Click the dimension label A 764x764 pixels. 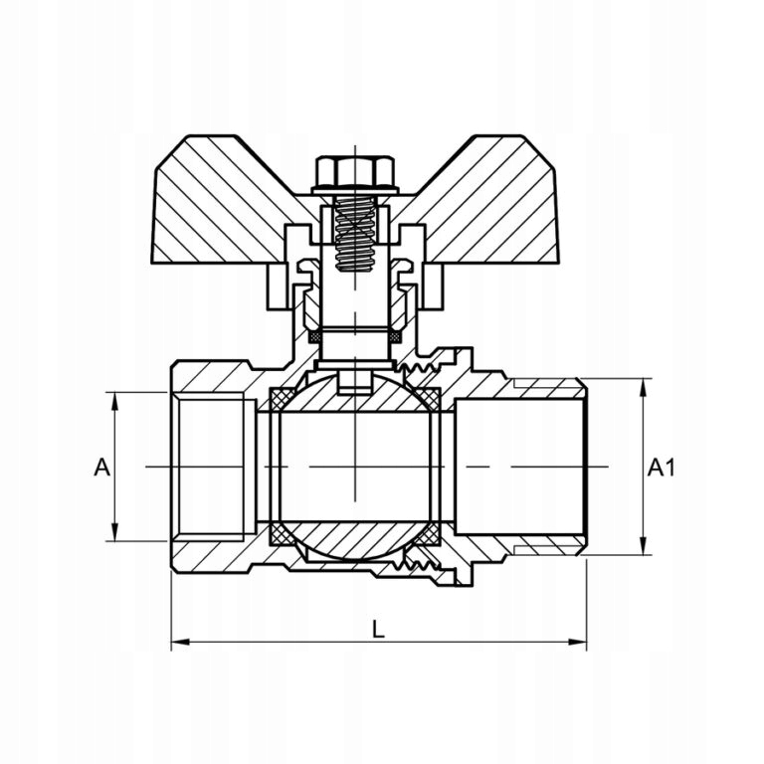[100, 467]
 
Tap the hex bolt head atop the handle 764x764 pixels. [355, 173]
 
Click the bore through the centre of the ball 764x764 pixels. [355, 467]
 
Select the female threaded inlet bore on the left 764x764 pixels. [211, 467]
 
